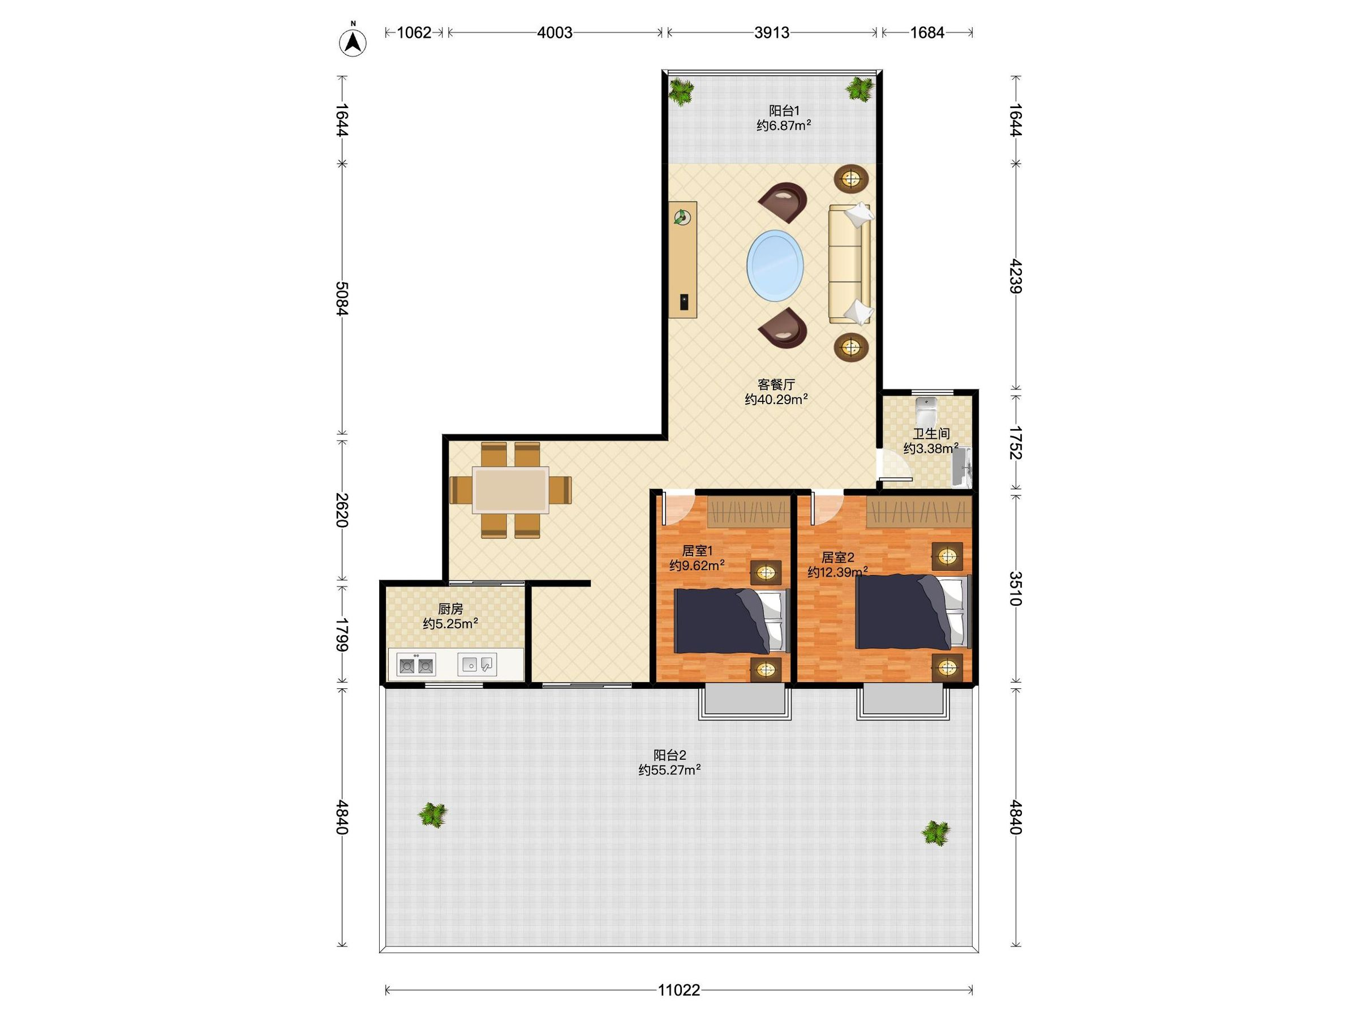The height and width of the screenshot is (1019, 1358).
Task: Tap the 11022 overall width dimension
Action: pyautogui.click(x=679, y=990)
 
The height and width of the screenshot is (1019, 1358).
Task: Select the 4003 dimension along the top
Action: pyautogui.click(x=555, y=33)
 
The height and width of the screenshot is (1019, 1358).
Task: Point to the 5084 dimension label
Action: pyautogui.click(x=342, y=298)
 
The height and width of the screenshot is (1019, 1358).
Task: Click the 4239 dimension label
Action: pyautogui.click(x=1016, y=276)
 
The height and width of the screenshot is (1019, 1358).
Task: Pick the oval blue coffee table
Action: pyautogui.click(x=775, y=266)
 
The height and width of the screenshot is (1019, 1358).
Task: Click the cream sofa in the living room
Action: pyautogui.click(x=850, y=263)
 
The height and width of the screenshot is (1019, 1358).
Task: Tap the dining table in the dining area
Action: pyautogui.click(x=510, y=490)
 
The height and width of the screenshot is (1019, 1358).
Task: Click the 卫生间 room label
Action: pyautogui.click(x=931, y=434)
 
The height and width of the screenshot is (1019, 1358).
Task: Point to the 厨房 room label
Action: pyautogui.click(x=450, y=609)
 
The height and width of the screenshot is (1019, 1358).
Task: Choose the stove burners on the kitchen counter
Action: pyautogui.click(x=416, y=665)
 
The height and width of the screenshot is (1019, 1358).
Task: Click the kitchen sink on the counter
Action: pyautogui.click(x=477, y=665)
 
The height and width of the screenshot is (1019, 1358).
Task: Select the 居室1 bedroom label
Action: pyautogui.click(x=697, y=551)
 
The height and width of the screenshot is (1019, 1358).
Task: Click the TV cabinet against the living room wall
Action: pyautogui.click(x=683, y=260)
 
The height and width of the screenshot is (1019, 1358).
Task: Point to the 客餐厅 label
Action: pyautogui.click(x=776, y=384)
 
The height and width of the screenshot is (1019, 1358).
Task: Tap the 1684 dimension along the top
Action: pyautogui.click(x=927, y=33)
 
